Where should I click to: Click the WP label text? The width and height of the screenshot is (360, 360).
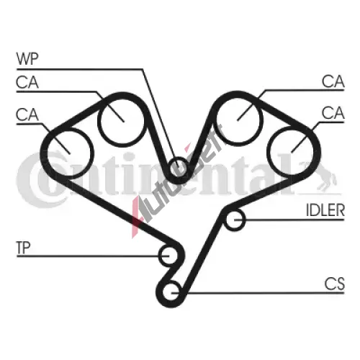(x=27, y=59)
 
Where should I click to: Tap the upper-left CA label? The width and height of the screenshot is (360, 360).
(x=27, y=82)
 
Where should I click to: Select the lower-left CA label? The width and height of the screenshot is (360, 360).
(x=27, y=114)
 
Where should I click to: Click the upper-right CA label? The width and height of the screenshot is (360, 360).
(x=333, y=81)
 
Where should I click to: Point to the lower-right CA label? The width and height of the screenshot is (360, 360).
(x=333, y=113)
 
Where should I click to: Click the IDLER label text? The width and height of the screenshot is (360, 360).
(x=325, y=210)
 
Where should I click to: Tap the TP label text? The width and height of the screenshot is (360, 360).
(x=23, y=248)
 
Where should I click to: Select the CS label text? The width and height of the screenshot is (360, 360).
(x=334, y=284)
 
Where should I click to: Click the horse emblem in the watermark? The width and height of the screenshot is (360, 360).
(x=319, y=175)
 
